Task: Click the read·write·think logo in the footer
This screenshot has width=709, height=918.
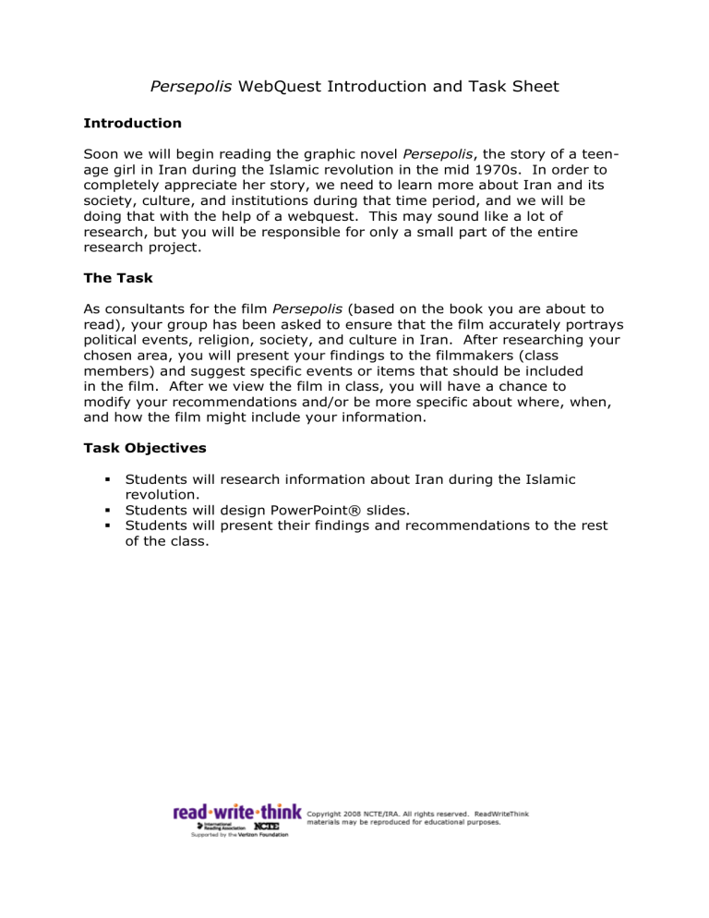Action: point(237,813)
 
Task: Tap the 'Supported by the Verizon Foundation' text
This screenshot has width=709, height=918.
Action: point(239,834)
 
